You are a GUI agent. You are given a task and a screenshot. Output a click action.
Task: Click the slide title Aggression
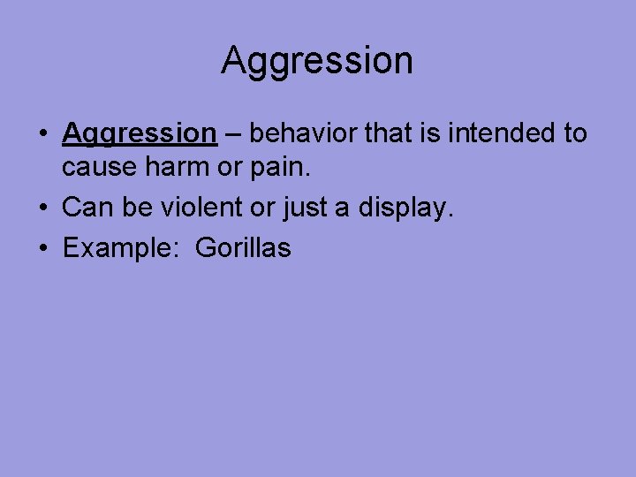pos(317,60)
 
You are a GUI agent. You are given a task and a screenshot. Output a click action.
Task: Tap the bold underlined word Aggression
pos(140,133)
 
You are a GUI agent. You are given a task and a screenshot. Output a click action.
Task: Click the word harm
pos(176,165)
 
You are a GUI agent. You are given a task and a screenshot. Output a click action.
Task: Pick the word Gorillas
pos(243,248)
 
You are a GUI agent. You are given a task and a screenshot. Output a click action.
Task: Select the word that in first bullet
pos(394,133)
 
